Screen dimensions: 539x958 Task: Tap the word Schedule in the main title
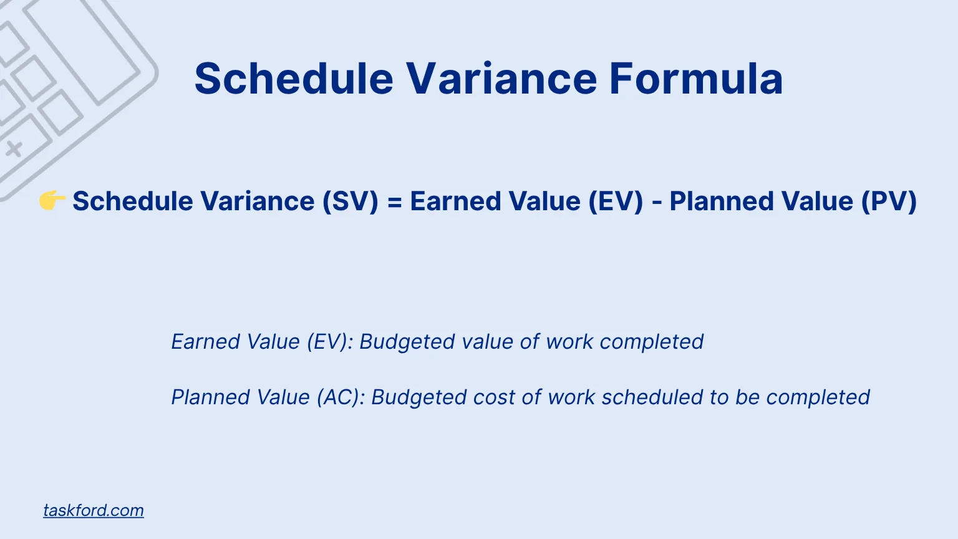click(294, 79)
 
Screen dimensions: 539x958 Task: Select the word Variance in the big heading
click(502, 79)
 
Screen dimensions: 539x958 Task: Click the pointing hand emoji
click(52, 201)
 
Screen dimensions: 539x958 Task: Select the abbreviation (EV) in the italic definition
click(329, 342)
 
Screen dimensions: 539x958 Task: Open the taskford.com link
click(94, 510)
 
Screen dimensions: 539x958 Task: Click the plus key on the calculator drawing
click(14, 149)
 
